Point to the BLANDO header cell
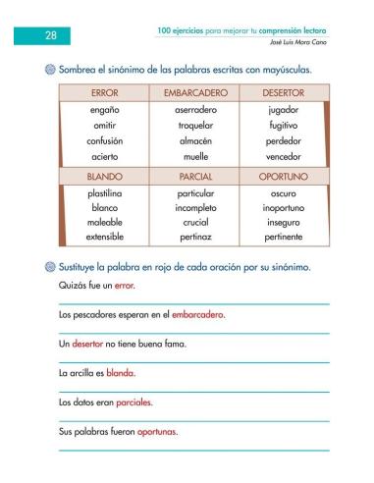[x=104, y=177]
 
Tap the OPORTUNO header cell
[x=283, y=177]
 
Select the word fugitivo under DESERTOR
[x=283, y=125]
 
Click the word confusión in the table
[x=104, y=140]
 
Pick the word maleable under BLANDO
[x=104, y=222]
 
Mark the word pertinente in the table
[x=283, y=237]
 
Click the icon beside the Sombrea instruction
[x=50, y=70]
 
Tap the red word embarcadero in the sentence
[x=198, y=315]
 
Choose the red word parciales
[x=134, y=402]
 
